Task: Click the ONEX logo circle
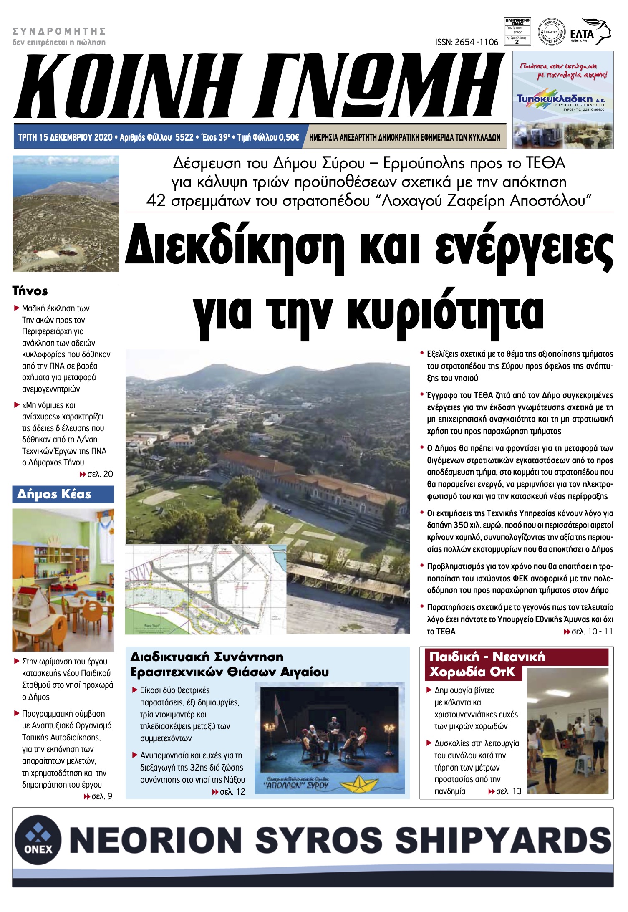(38, 839)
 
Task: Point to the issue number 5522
(184, 137)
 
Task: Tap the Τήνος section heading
(30, 291)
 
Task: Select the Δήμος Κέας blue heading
(54, 494)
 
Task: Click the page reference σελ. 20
(100, 474)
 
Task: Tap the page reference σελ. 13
(509, 791)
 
